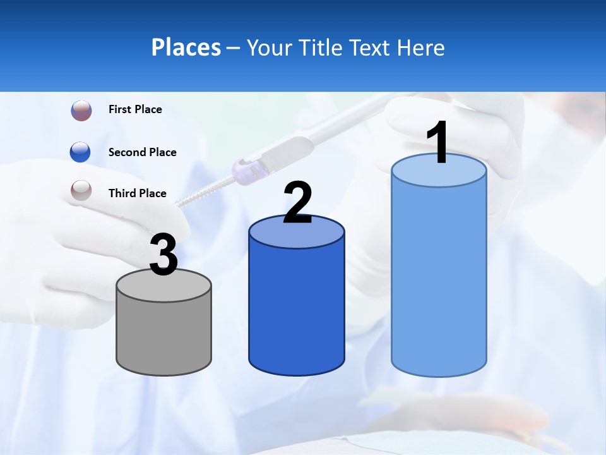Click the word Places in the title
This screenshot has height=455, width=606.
(x=186, y=47)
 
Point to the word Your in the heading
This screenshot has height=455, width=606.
(x=269, y=48)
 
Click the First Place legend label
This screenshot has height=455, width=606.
(x=135, y=109)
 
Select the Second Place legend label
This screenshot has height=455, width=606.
(x=142, y=152)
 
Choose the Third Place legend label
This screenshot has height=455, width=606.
(x=137, y=193)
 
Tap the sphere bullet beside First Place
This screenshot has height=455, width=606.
(x=81, y=111)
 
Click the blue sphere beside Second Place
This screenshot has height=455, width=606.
(x=81, y=152)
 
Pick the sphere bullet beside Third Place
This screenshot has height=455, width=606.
(x=81, y=190)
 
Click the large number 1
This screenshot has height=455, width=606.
(x=437, y=143)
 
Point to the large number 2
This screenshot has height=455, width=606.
(x=298, y=203)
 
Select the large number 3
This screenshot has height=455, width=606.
(x=164, y=255)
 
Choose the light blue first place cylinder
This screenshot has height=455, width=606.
(x=439, y=278)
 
